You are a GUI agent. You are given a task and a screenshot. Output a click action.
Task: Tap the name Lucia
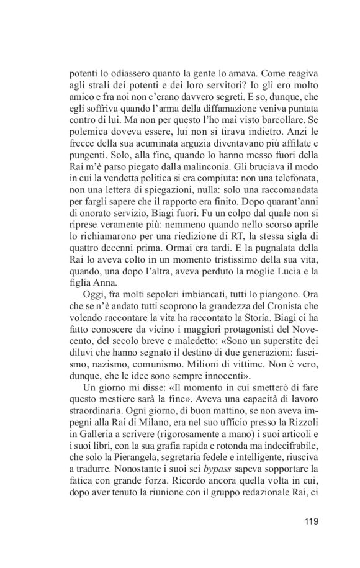click(285, 284)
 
